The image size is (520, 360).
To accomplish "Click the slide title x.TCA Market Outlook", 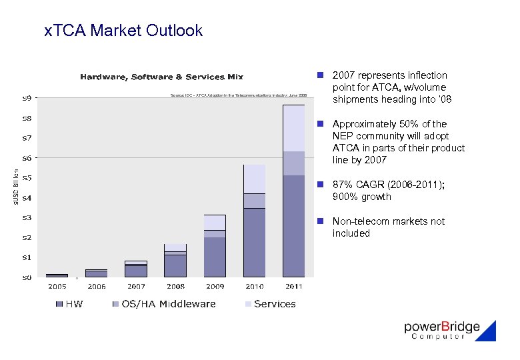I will pos(123,31).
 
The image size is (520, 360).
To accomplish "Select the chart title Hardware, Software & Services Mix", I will pos(162,77).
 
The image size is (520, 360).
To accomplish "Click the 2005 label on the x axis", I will pos(57,287).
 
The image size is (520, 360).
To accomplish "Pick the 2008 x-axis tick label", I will pos(175,287).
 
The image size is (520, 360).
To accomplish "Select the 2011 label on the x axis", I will pos(293,287).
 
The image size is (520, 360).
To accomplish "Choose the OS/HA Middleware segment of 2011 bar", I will pos(293,163).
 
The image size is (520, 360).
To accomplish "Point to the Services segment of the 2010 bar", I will pos(254,179).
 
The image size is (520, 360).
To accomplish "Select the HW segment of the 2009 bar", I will pos(215,257).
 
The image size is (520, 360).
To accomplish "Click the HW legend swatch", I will pos(59,304).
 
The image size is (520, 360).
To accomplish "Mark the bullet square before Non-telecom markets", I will pos(321,221).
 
